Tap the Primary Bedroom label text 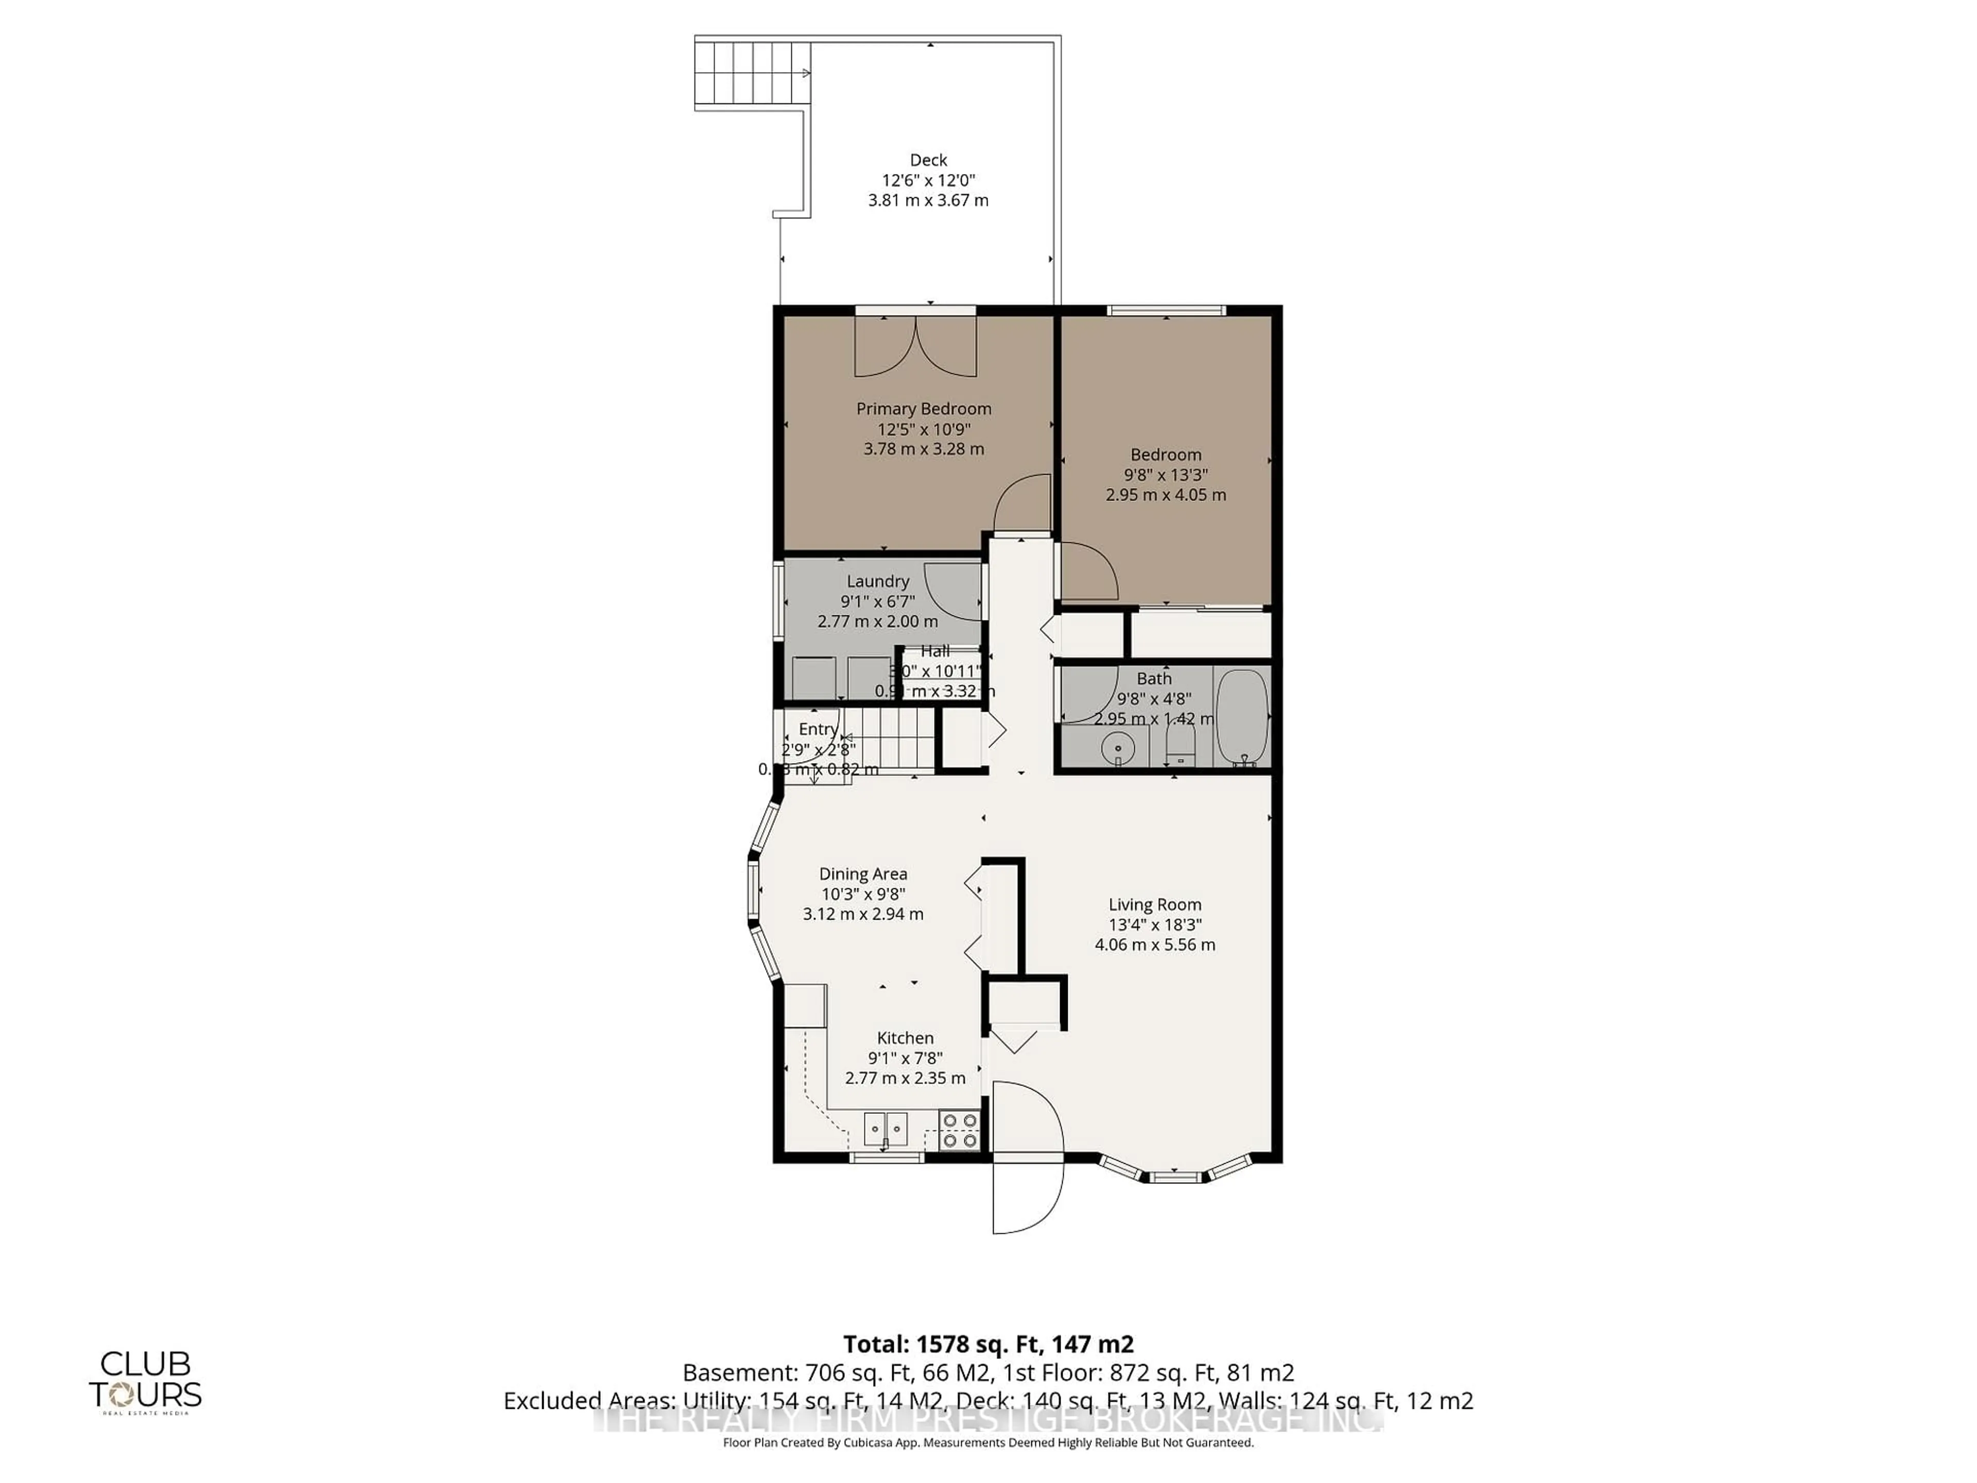click(x=923, y=408)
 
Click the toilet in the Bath click(x=1181, y=744)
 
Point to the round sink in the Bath click(x=1117, y=747)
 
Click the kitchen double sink click(x=885, y=1129)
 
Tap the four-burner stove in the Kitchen click(x=960, y=1131)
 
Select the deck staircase click(x=753, y=73)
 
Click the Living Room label click(x=1155, y=905)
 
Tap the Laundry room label click(x=878, y=581)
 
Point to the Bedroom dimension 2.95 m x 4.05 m click(x=1166, y=494)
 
